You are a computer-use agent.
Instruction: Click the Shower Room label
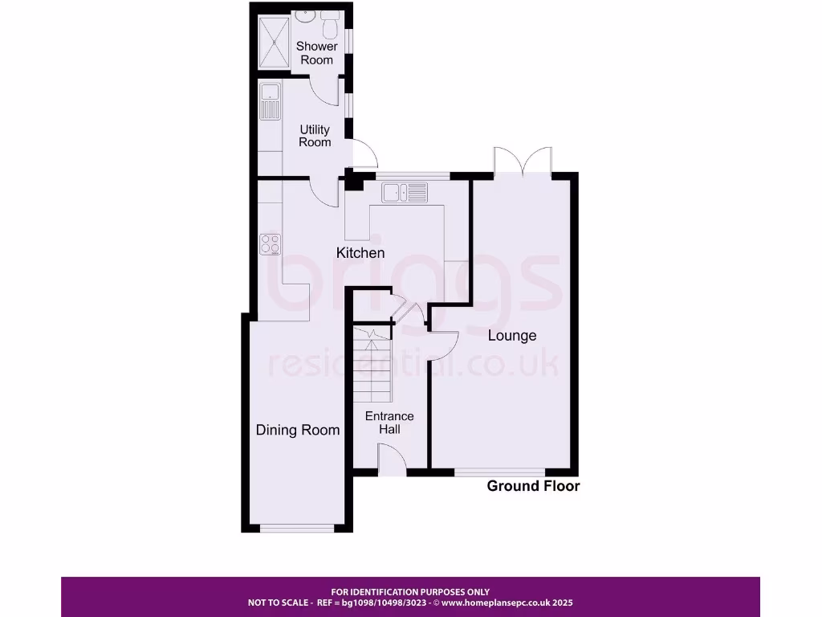tap(316, 52)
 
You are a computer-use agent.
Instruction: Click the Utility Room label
tap(315, 136)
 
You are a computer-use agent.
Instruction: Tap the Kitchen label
tap(360, 253)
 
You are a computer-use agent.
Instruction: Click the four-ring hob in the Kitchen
tap(270, 243)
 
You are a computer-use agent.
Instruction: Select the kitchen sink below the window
tap(406, 192)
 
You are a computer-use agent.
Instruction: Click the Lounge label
tap(512, 335)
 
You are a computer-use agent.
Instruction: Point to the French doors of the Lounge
tap(523, 161)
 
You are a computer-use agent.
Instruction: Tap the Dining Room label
tap(298, 430)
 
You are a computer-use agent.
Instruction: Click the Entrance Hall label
tap(389, 423)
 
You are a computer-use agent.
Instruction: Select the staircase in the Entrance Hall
tap(371, 366)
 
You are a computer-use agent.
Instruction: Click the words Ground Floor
tap(533, 486)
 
